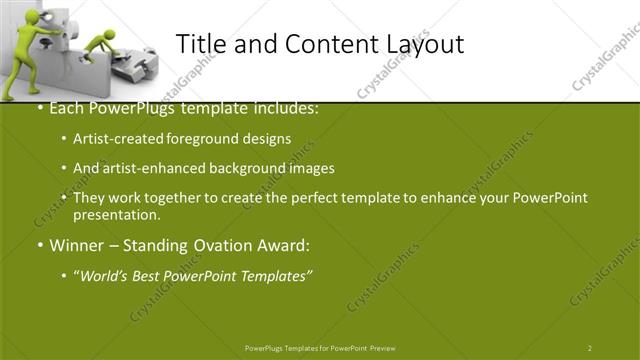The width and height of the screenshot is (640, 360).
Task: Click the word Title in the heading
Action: click(200, 44)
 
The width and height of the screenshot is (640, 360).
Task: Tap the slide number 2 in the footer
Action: click(590, 348)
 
